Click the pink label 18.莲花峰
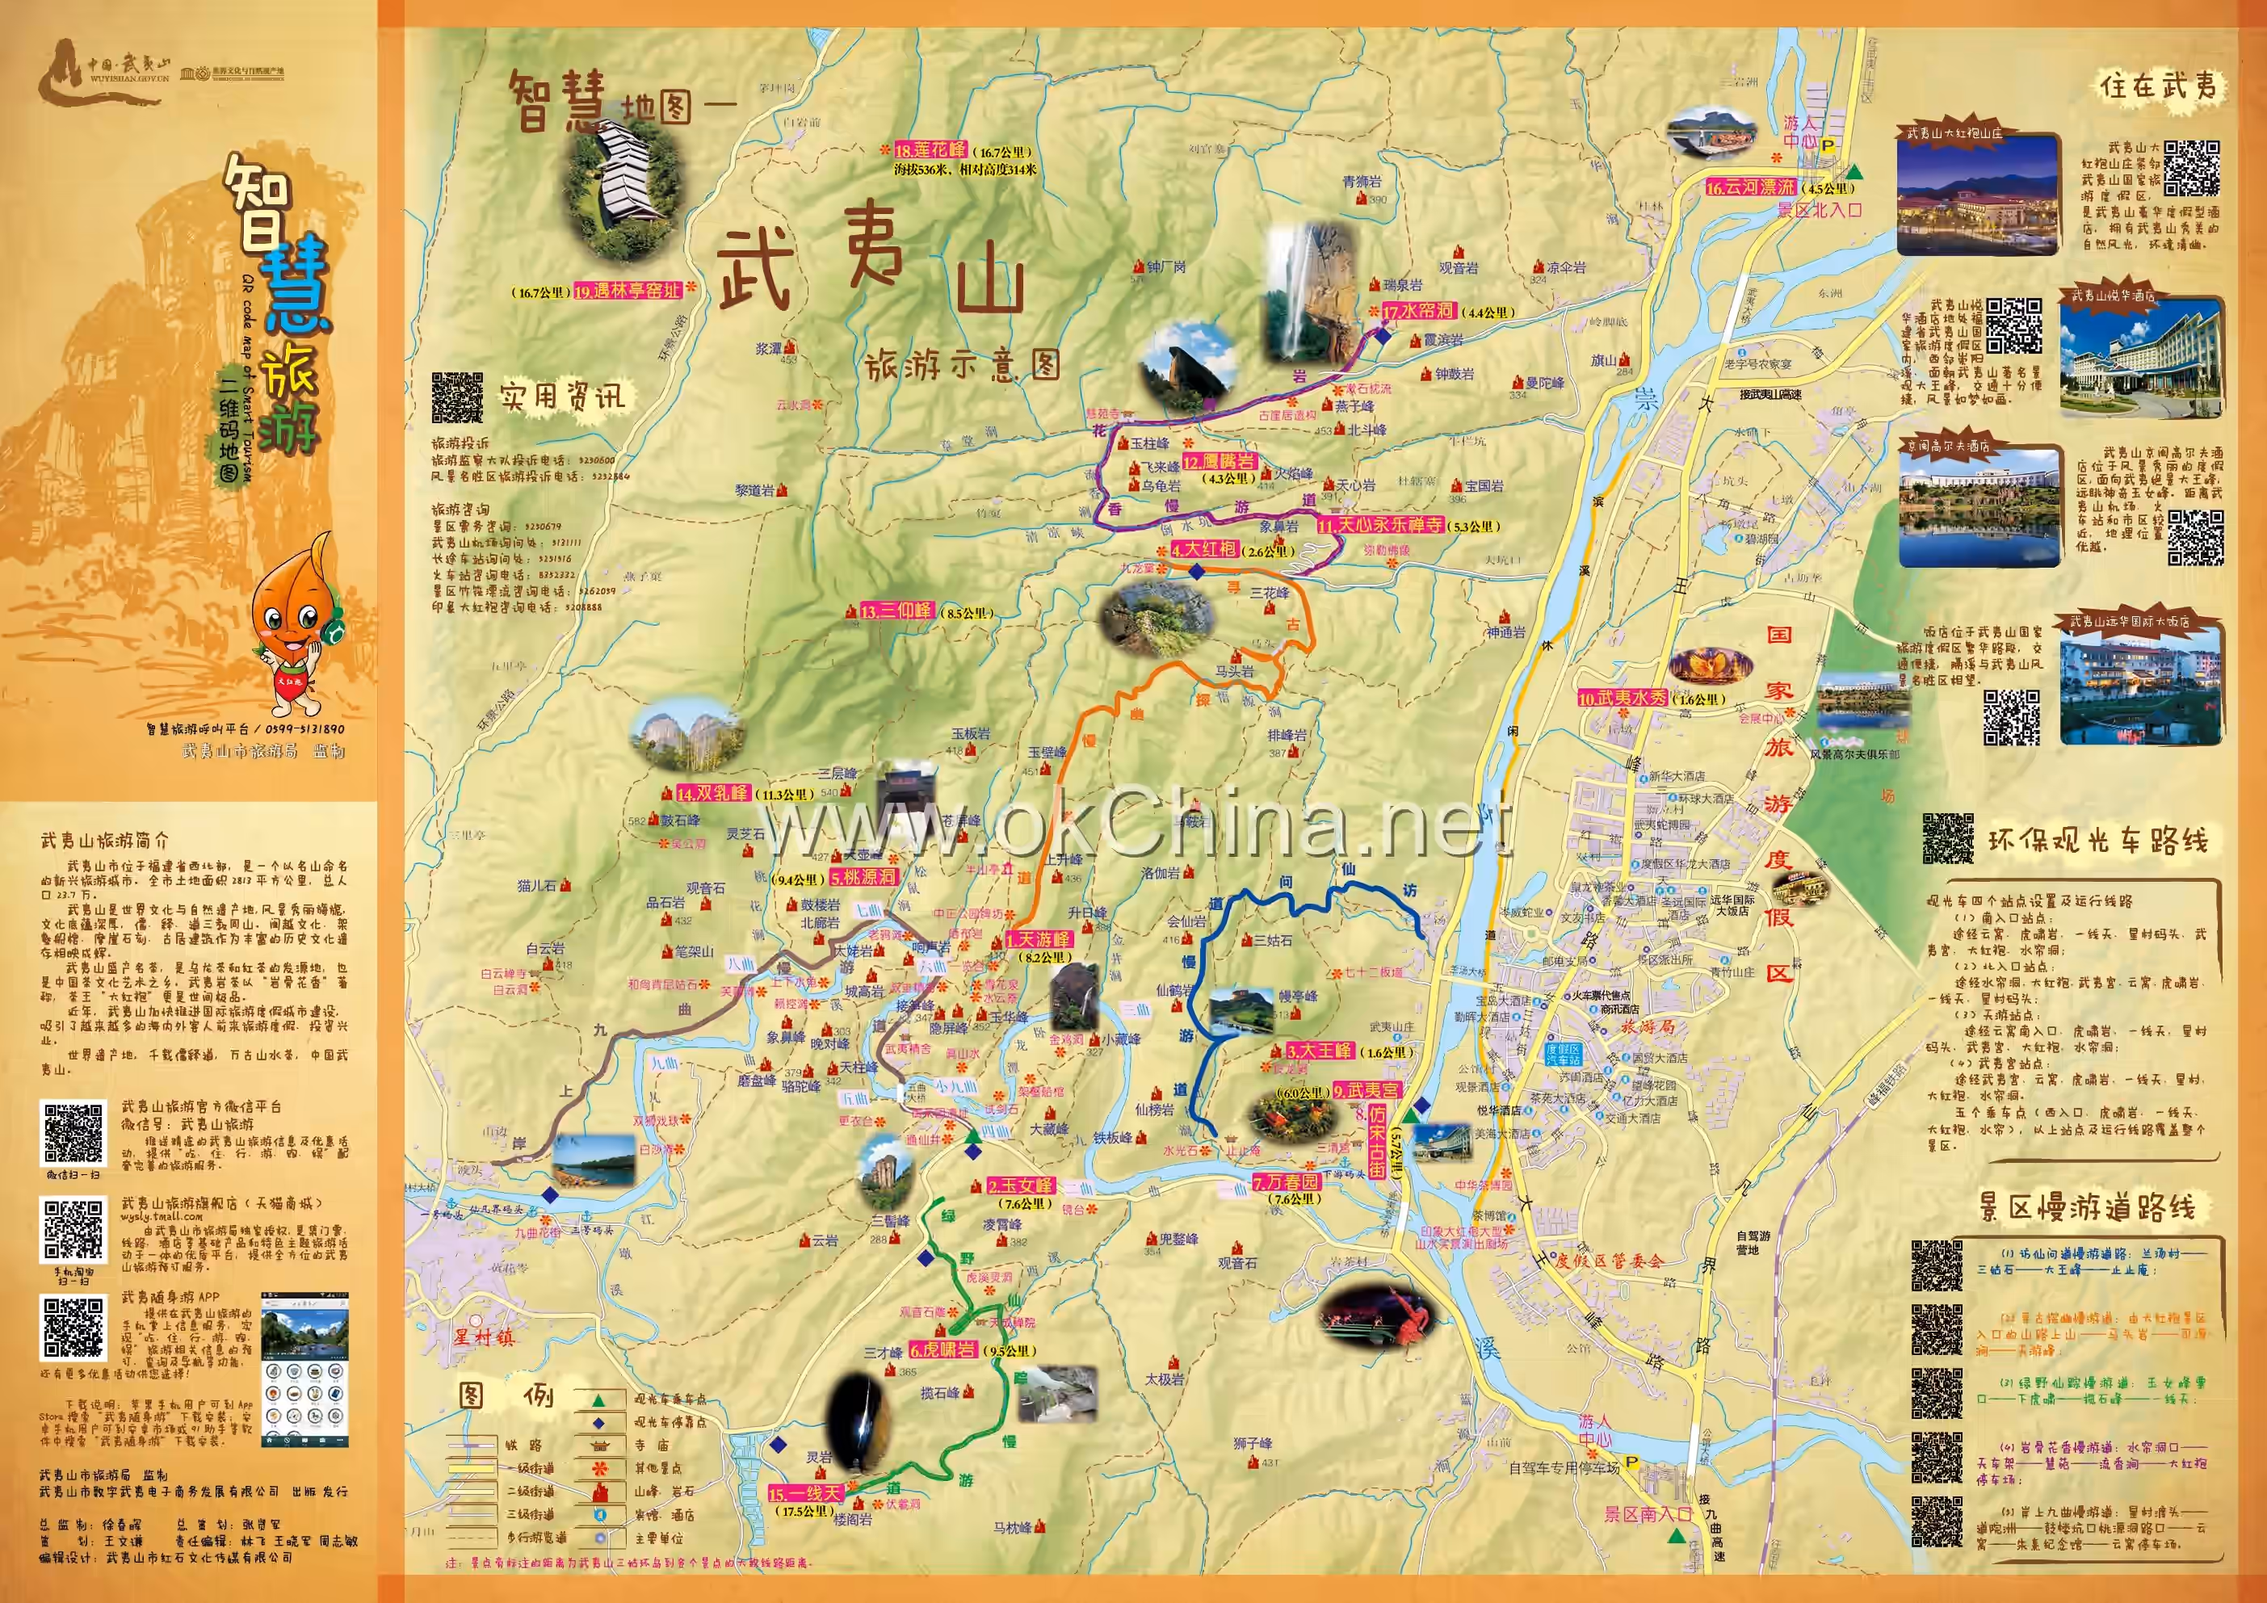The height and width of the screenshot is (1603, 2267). [x=931, y=151]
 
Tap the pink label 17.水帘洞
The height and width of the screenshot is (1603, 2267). [x=1418, y=312]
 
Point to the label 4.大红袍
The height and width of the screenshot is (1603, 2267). [x=1203, y=550]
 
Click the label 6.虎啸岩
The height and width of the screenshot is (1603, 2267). [x=943, y=1350]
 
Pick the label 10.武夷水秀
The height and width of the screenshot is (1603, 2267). [x=1621, y=698]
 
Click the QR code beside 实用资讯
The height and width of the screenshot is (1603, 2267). [x=457, y=398]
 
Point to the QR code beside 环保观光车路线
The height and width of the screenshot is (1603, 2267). [x=1948, y=840]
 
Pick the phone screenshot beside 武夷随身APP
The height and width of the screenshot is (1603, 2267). [x=304, y=1368]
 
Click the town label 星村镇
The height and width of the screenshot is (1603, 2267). [x=484, y=1337]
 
